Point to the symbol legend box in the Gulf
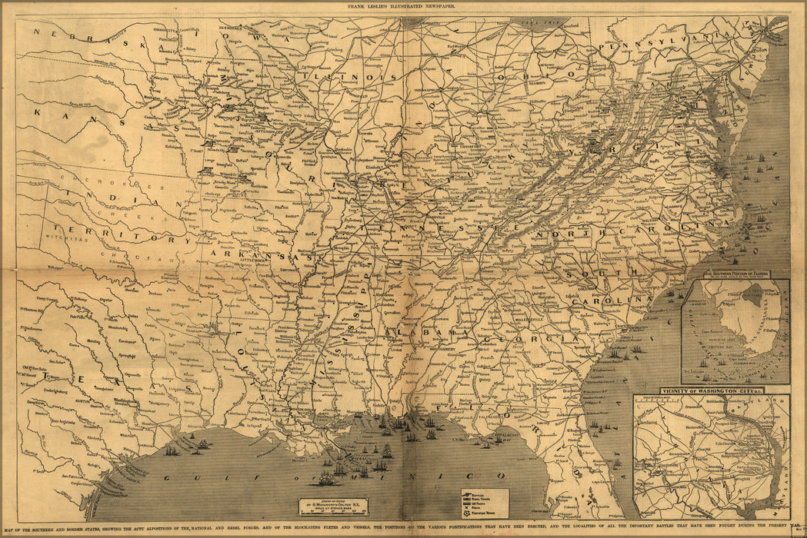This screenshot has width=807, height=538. [485, 500]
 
